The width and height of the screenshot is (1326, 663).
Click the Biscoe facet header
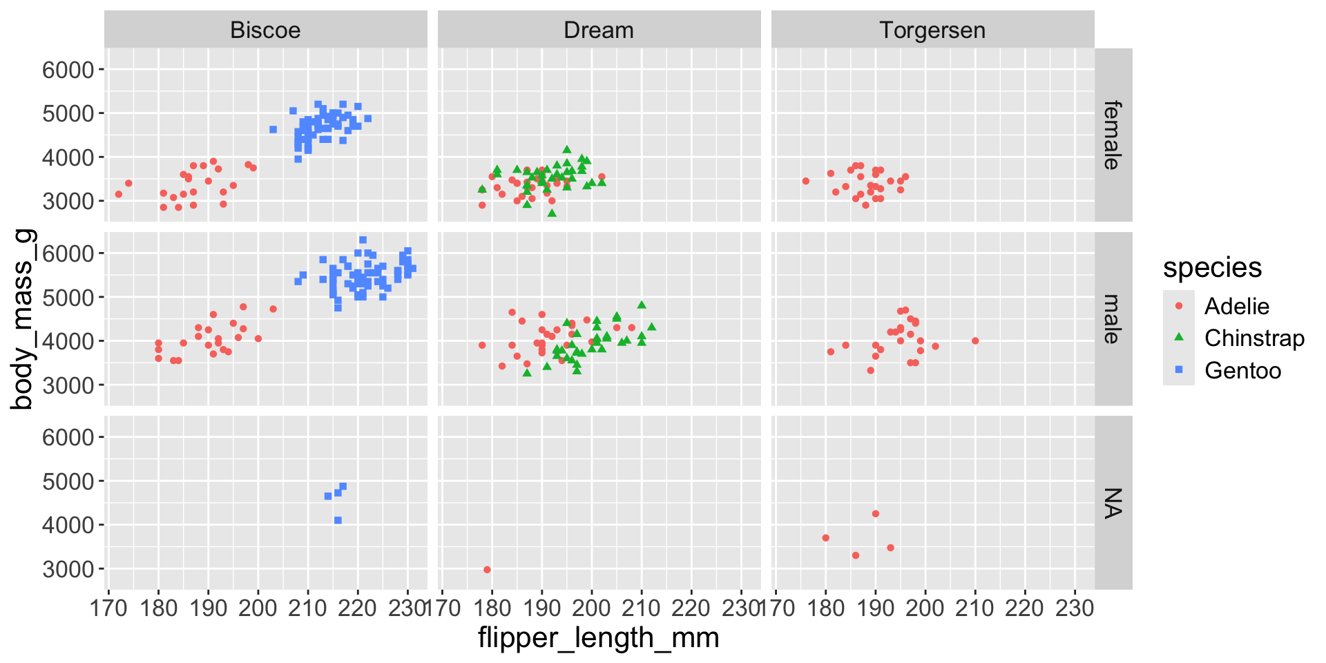point(265,30)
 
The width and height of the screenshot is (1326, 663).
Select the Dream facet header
point(599,30)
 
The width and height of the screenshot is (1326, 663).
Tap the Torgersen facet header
point(932,30)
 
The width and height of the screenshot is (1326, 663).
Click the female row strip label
point(1112,135)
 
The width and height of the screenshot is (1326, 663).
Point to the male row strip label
point(1112,319)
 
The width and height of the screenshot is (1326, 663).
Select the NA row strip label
point(1112,503)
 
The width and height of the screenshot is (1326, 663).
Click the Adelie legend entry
point(1236,306)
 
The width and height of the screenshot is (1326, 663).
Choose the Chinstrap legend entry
point(1253,338)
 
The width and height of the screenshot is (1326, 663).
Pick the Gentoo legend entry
point(1242,371)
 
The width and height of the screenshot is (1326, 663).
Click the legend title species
point(1212,268)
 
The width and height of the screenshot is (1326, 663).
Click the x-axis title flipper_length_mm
point(599,637)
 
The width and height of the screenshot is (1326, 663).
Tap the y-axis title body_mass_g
point(22,319)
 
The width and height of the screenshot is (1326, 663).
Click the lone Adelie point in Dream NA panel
point(487,570)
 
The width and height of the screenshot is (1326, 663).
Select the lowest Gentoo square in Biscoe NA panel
point(338,520)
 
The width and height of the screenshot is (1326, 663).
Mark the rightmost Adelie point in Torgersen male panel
point(975,340)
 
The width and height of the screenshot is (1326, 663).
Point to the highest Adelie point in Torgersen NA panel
point(876,514)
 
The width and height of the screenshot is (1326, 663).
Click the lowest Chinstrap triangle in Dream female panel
point(552,213)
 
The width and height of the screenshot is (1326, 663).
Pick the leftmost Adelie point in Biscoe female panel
point(119,194)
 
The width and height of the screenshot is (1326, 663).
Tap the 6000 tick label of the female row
point(68,70)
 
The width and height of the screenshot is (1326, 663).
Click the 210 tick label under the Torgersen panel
point(975,608)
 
